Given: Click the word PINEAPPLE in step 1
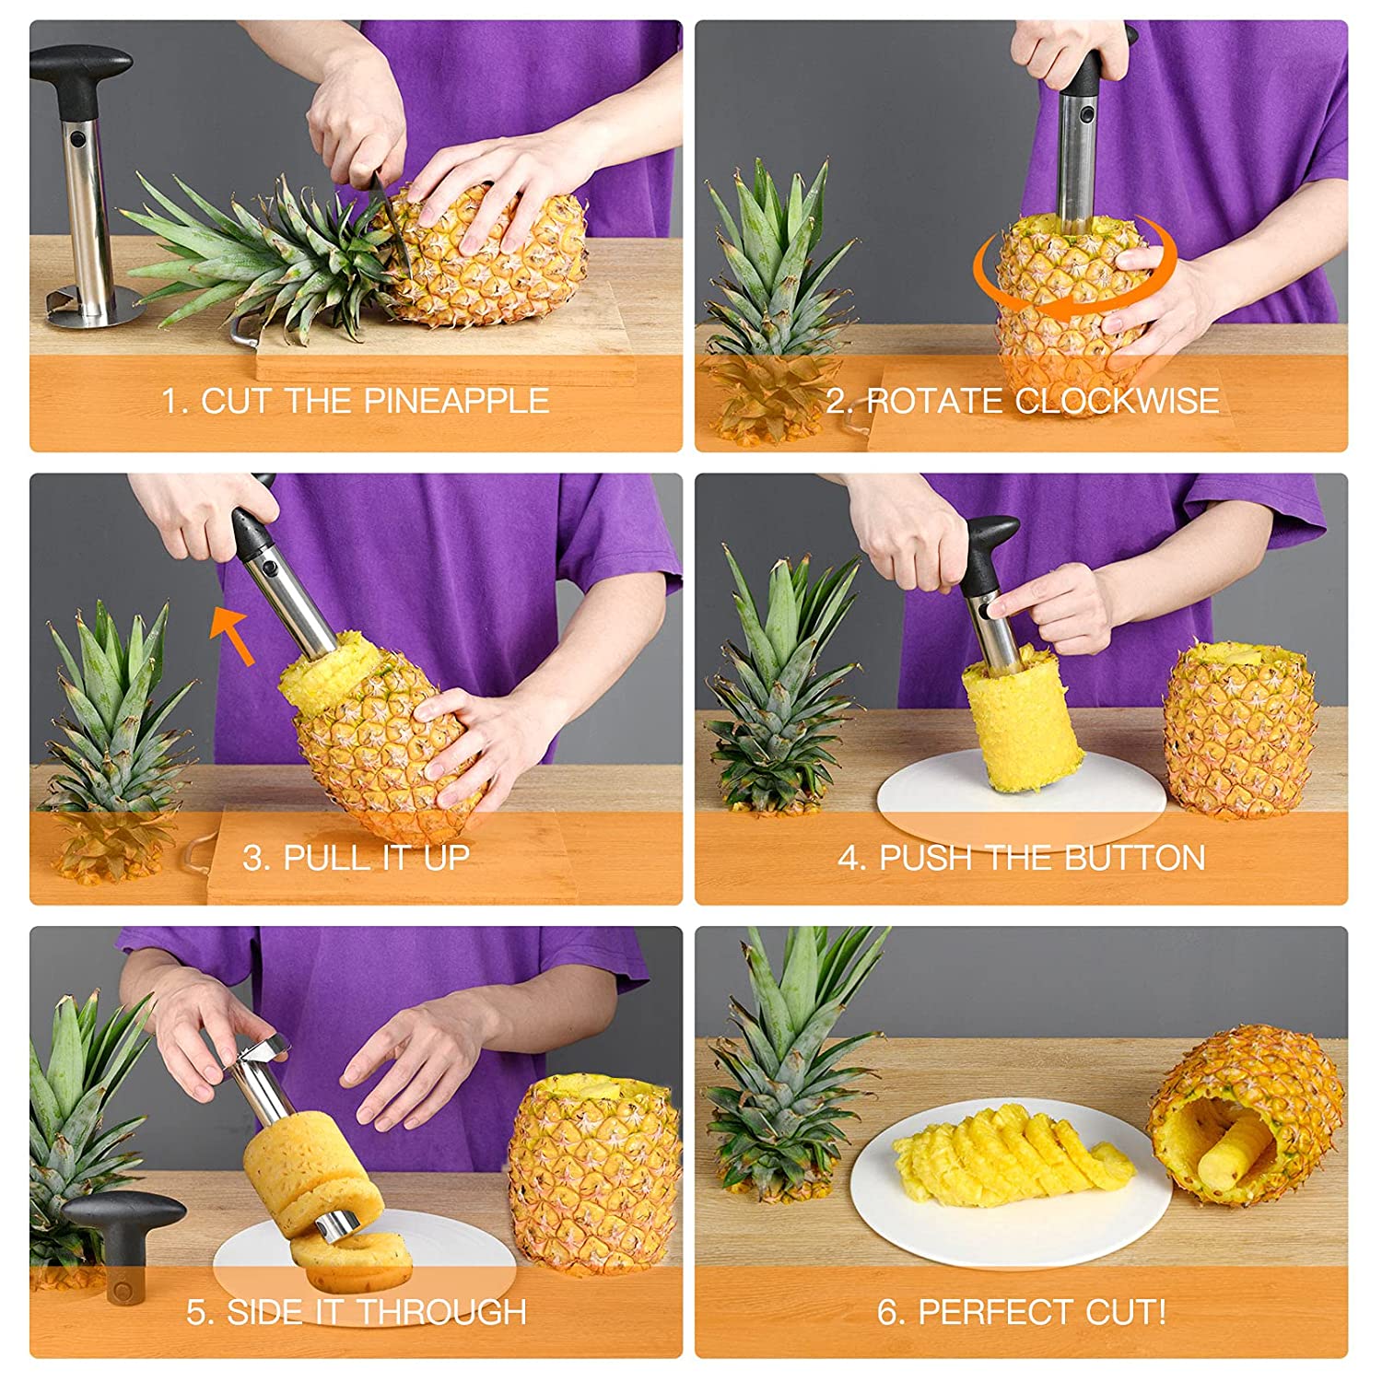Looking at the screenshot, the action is (x=456, y=401).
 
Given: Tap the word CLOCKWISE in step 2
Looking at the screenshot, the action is (x=1117, y=401).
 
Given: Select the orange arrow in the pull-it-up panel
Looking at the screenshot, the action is (x=232, y=634).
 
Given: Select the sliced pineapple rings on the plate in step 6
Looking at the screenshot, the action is (x=1013, y=1156).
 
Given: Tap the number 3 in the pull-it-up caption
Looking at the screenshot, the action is (x=253, y=858).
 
